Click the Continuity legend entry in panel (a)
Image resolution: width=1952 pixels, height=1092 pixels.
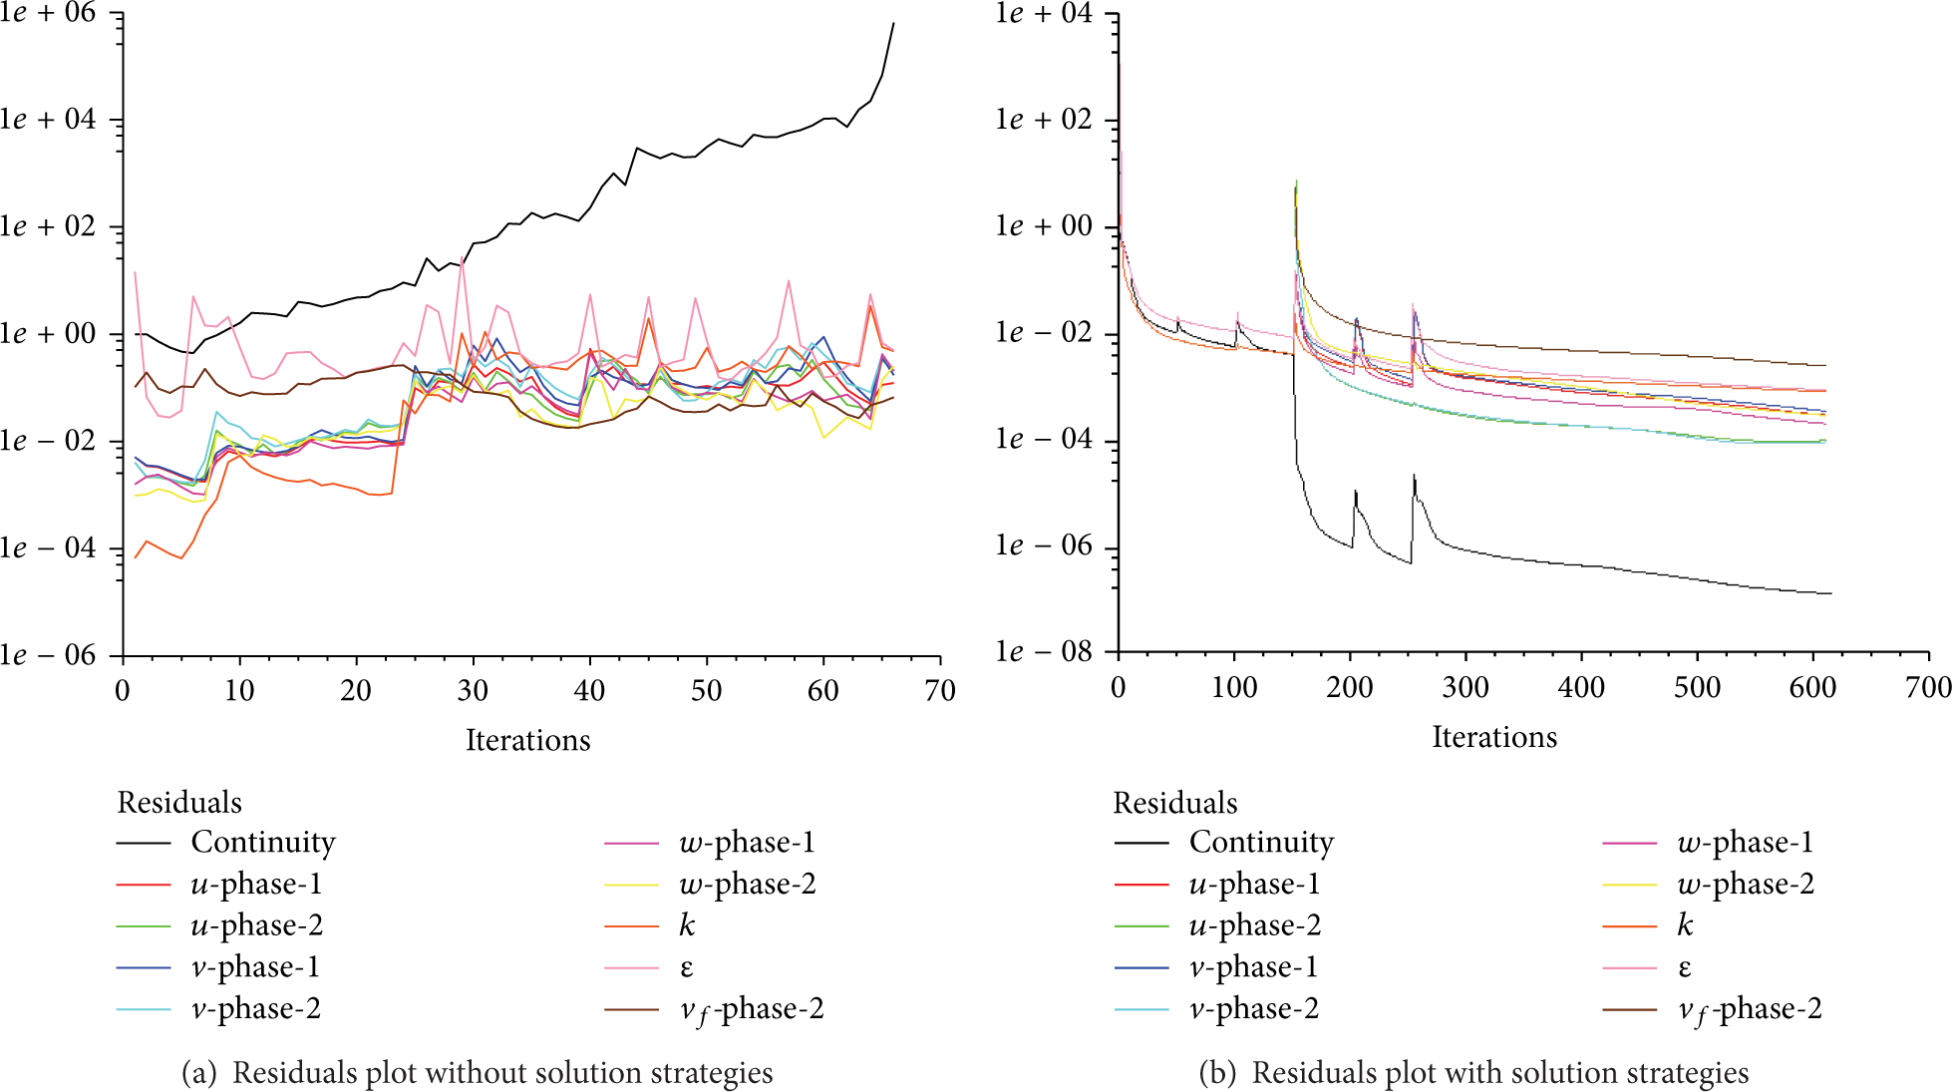[263, 843]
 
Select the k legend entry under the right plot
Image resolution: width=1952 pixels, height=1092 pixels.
[1685, 925]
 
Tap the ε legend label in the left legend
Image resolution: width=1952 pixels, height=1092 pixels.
[687, 968]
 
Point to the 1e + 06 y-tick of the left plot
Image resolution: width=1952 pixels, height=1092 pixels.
[48, 14]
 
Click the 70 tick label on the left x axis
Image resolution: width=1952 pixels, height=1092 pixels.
[940, 690]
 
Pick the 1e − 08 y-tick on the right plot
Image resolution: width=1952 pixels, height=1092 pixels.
[1044, 652]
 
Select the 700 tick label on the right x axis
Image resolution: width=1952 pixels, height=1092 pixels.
[1928, 687]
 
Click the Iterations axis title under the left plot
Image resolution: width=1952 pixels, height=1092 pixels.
[528, 740]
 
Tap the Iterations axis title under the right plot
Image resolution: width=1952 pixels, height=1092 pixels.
[1494, 737]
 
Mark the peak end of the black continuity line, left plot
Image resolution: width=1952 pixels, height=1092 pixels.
[893, 23]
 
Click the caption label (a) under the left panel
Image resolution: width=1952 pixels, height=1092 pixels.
[198, 1073]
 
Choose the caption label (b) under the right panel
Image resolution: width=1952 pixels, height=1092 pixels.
[1217, 1073]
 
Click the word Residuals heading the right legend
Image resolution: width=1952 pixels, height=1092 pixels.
[1175, 803]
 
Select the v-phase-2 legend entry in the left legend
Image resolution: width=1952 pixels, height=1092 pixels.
[256, 1009]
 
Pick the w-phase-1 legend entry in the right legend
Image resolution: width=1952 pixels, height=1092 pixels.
[1745, 843]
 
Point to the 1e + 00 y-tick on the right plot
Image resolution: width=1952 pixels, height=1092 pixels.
[1044, 226]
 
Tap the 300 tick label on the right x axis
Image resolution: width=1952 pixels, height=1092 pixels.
[1465, 687]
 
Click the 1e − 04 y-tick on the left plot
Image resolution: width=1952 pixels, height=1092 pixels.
[48, 547]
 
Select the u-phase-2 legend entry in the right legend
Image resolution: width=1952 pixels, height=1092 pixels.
[1255, 925]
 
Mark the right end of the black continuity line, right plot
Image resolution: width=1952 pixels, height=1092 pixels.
[1831, 594]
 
